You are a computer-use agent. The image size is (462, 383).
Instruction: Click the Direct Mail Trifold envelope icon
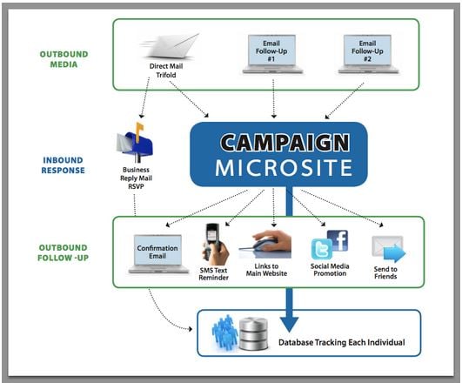pyautogui.click(x=171, y=46)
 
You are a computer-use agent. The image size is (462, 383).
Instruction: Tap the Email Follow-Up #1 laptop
pyautogui.click(x=272, y=54)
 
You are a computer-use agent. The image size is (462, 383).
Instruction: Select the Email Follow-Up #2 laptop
pyautogui.click(x=368, y=54)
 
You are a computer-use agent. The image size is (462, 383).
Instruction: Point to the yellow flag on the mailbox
pyautogui.click(x=139, y=129)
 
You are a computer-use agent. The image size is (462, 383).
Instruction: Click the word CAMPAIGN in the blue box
pyautogui.click(x=285, y=143)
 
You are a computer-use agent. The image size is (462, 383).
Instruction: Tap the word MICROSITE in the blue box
pyautogui.click(x=284, y=167)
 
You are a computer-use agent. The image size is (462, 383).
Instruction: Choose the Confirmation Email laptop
pyautogui.click(x=158, y=254)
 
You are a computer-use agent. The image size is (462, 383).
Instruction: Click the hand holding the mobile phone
pyautogui.click(x=216, y=245)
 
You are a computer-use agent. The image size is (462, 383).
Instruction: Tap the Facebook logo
pyautogui.click(x=338, y=240)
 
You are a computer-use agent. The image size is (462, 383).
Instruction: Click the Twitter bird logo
pyautogui.click(x=322, y=249)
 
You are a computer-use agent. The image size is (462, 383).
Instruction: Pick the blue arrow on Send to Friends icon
pyautogui.click(x=395, y=253)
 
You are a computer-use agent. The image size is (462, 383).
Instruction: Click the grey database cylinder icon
pyautogui.click(x=253, y=333)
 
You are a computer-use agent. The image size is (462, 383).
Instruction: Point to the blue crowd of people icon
pyautogui.click(x=224, y=333)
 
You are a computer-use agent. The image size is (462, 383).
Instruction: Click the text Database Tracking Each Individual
pyautogui.click(x=341, y=342)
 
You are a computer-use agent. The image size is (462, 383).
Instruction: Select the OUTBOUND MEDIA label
pyautogui.click(x=64, y=59)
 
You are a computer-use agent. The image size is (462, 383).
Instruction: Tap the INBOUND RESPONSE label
pyautogui.click(x=63, y=165)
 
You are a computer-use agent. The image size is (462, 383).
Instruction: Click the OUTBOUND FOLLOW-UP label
pyautogui.click(x=63, y=252)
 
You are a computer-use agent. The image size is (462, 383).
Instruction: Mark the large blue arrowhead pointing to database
pyautogui.click(x=289, y=325)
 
